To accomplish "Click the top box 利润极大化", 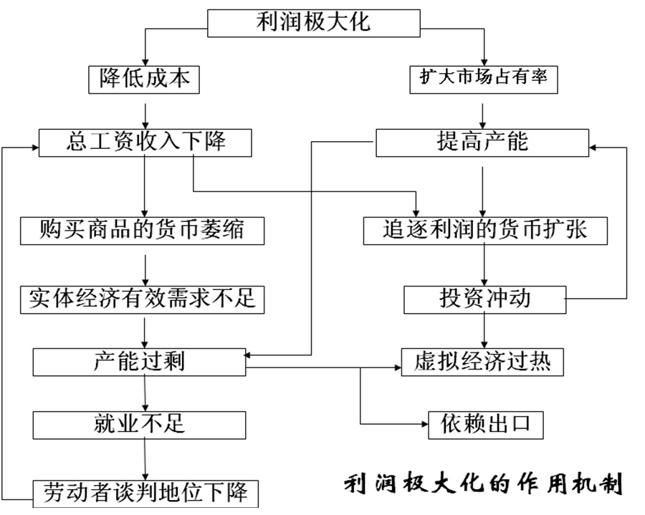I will (313, 22).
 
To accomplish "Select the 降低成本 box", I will (145, 79).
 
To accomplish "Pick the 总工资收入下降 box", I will (145, 142).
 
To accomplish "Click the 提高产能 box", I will (482, 142).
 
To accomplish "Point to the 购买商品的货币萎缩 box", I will (143, 229).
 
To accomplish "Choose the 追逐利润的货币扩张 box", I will (485, 229).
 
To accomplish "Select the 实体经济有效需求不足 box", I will (143, 298).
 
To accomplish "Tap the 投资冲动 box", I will (485, 299).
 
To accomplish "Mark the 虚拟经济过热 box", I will (482, 361).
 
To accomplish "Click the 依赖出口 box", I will (484, 424).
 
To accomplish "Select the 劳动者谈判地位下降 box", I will (145, 493).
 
